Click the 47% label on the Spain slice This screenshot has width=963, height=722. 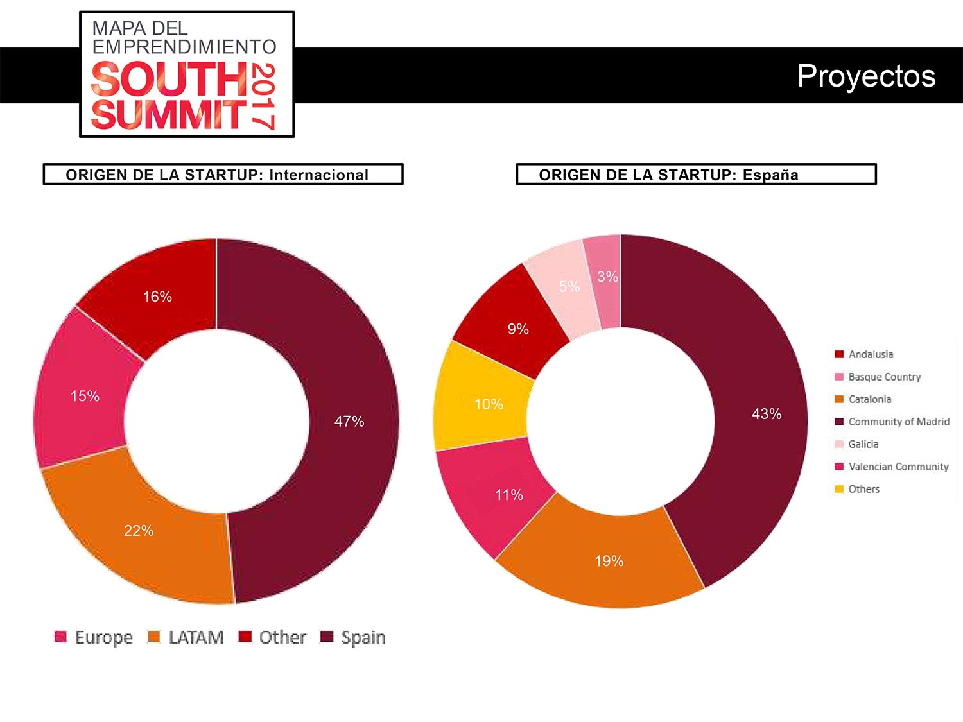(x=349, y=422)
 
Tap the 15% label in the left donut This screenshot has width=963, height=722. (x=85, y=396)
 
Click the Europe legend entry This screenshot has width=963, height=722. (x=94, y=637)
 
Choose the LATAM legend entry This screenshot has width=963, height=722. (x=186, y=637)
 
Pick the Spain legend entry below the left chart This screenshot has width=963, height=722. (x=354, y=637)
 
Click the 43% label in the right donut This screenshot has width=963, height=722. (x=767, y=414)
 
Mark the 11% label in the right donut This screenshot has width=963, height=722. (x=509, y=495)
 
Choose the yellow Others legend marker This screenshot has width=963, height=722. (x=839, y=489)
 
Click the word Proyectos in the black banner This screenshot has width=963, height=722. (x=866, y=76)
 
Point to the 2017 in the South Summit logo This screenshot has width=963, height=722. (x=263, y=96)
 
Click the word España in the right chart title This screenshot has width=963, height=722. (x=770, y=175)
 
